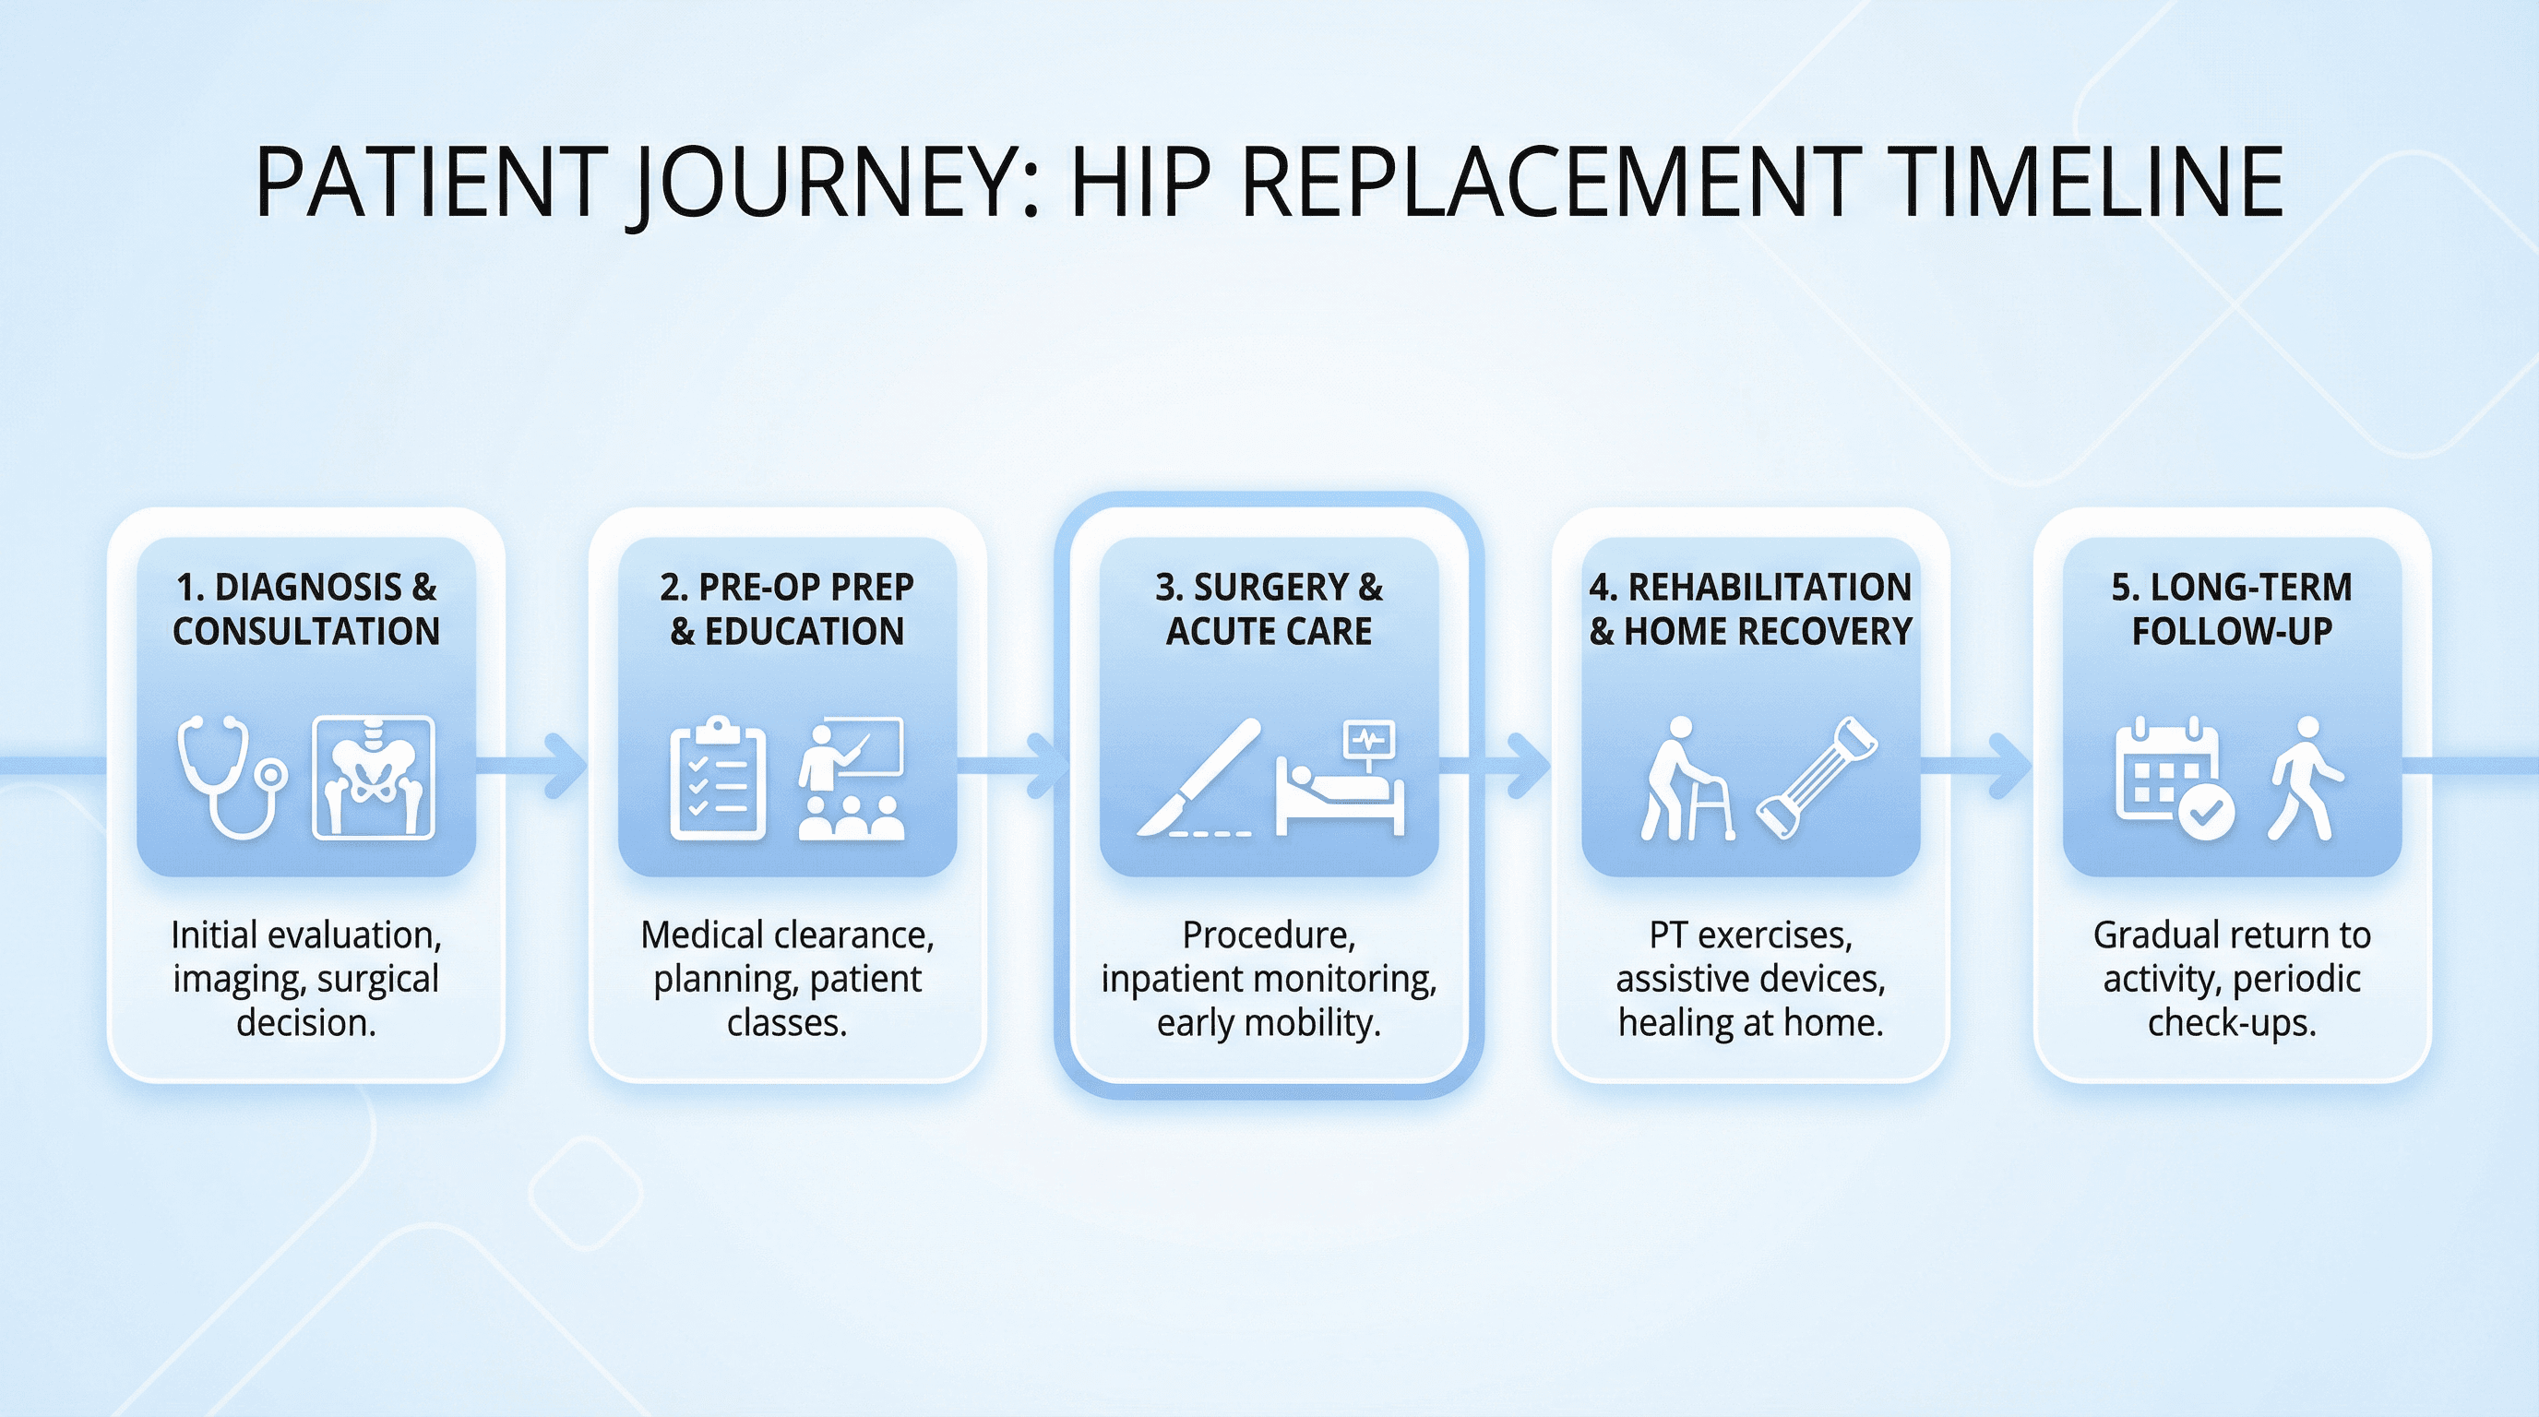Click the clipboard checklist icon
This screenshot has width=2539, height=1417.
pyautogui.click(x=718, y=779)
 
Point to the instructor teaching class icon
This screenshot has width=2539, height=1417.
pyautogui.click(x=851, y=780)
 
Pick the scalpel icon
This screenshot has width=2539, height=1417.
pyautogui.click(x=1198, y=779)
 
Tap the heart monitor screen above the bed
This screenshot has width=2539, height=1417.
pyautogui.click(x=1370, y=739)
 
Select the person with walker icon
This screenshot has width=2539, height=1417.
pyautogui.click(x=1687, y=779)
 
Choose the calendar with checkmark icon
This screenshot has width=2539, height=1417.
pyautogui.click(x=2175, y=779)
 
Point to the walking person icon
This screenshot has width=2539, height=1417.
pyautogui.click(x=2306, y=779)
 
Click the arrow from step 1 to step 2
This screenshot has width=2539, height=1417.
pyautogui.click(x=532, y=765)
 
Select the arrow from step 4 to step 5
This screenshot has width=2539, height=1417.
pyautogui.click(x=1975, y=765)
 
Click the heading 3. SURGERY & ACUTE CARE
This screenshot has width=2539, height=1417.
pyautogui.click(x=1269, y=609)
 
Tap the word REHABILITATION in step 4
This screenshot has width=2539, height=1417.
pyautogui.click(x=1770, y=588)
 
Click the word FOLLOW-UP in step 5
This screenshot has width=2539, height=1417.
pyautogui.click(x=2232, y=631)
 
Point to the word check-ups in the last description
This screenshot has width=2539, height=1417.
pyautogui.click(x=2232, y=1024)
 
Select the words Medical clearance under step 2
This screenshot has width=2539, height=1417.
pyautogui.click(x=787, y=935)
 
